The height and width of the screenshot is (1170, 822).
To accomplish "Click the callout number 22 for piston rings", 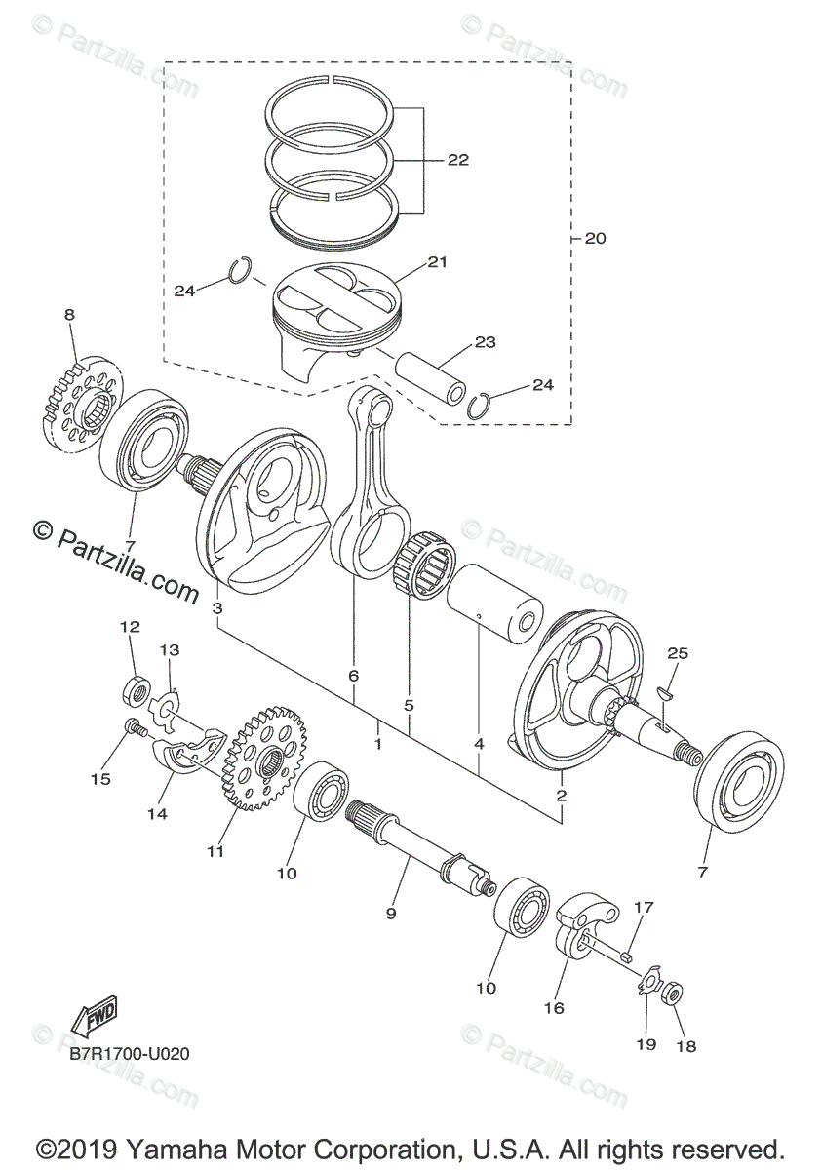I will tap(457, 160).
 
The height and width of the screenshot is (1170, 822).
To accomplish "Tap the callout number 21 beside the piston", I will tap(436, 262).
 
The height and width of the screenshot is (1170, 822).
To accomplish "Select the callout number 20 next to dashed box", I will tap(595, 238).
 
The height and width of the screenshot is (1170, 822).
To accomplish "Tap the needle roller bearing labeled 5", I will tap(423, 570).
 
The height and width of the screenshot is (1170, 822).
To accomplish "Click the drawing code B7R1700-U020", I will tap(129, 1054).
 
